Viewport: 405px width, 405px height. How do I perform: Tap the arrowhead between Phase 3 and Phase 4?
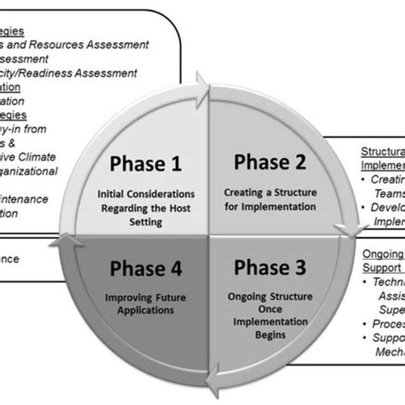pos(210,374)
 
